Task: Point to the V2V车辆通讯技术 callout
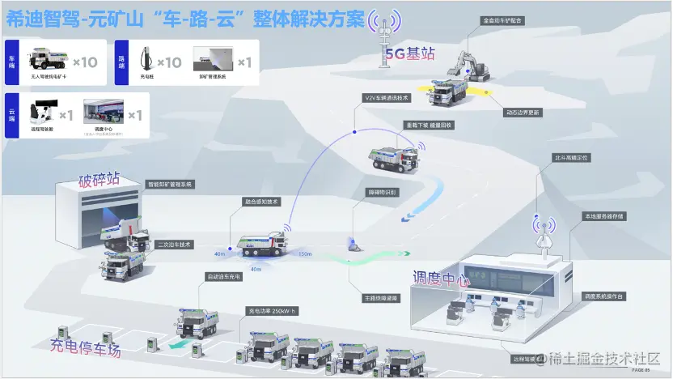coord(387,98)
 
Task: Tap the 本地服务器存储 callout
coord(603,217)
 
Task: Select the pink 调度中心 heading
coord(441,280)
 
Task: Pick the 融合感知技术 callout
coord(261,202)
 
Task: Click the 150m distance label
coord(305,254)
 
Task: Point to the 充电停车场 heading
coord(85,348)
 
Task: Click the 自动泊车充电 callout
coord(225,277)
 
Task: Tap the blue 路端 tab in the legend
coord(122,62)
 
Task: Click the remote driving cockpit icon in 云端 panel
coord(42,113)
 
